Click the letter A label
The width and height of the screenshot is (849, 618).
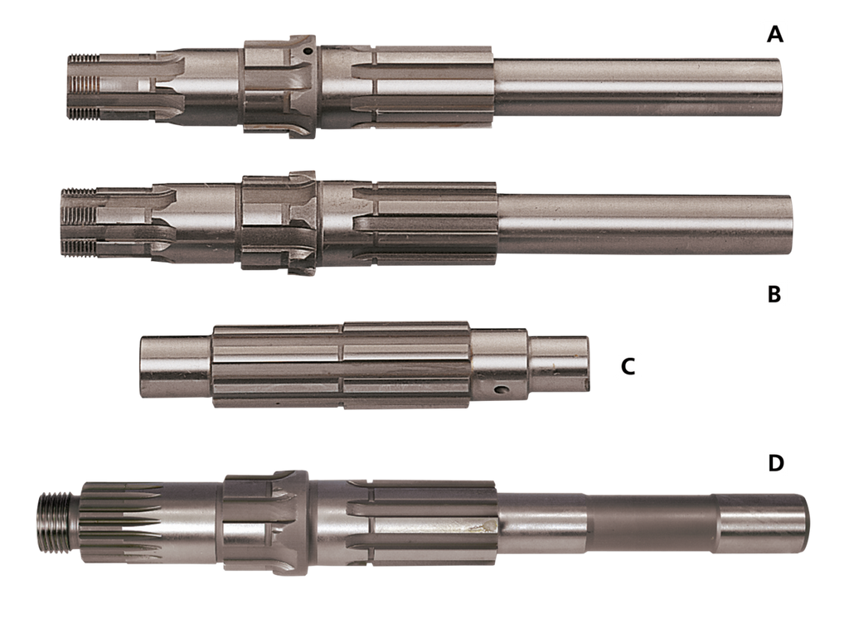point(775,34)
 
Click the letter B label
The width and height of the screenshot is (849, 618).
point(774,294)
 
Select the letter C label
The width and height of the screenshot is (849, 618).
point(628,366)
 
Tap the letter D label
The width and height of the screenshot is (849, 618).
point(776,463)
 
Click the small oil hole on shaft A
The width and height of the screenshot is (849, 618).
point(308,52)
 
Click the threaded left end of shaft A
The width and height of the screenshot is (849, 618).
point(83,87)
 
